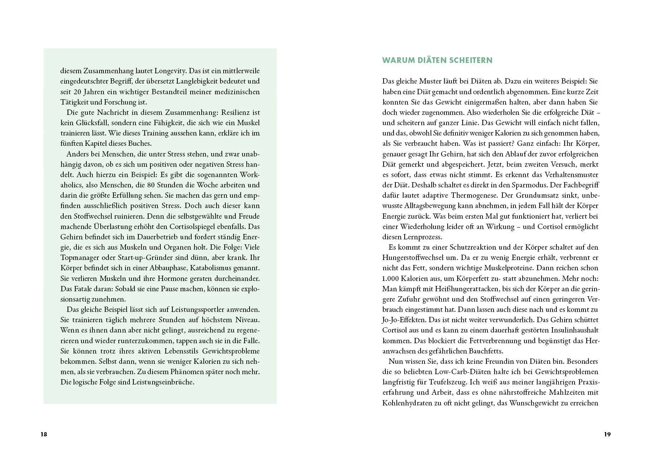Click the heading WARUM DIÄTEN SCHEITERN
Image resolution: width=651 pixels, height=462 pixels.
437,60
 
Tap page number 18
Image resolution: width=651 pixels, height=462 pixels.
44,434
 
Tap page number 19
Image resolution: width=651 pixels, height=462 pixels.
607,434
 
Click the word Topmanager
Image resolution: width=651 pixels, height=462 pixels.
78,257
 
